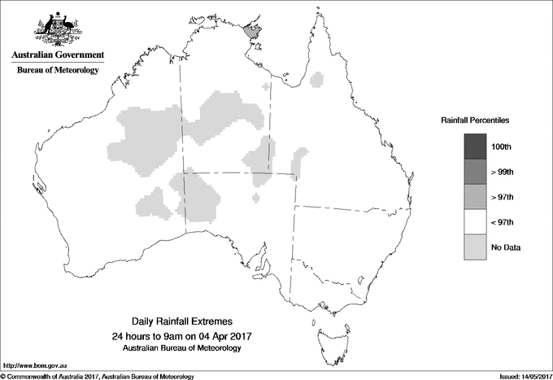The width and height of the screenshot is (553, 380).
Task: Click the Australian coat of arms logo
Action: [x=57, y=29]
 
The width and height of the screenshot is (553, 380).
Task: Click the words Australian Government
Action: [x=58, y=55]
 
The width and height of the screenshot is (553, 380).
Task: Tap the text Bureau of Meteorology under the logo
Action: [x=58, y=71]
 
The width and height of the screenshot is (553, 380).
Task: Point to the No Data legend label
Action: [x=505, y=247]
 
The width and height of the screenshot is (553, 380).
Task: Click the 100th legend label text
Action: [x=502, y=146]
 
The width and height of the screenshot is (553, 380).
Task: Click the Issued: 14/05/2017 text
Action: [x=520, y=375]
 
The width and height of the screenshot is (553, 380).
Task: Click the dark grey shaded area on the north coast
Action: [x=253, y=30]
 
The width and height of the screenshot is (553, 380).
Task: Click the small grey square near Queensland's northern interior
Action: [x=320, y=80]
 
